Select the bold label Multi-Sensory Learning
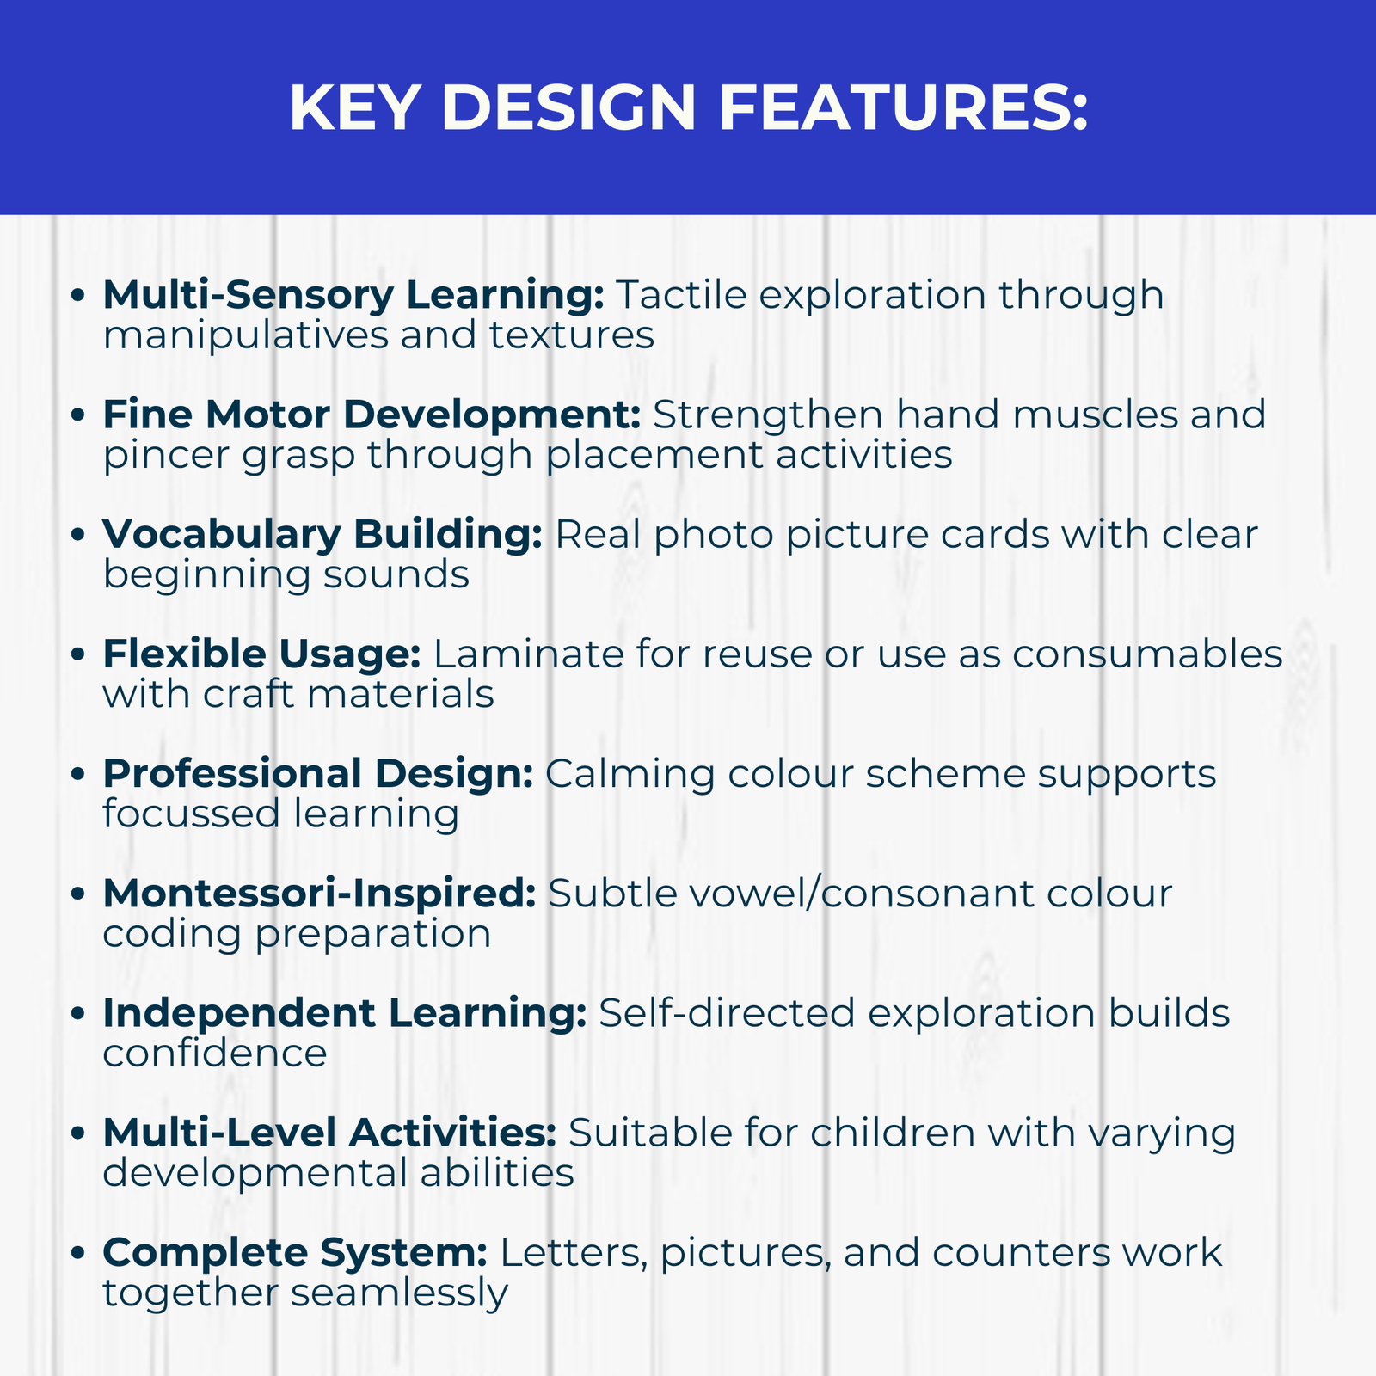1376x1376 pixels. [353, 296]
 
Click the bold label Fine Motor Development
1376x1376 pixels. [372, 415]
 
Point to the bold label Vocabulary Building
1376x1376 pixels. [322, 535]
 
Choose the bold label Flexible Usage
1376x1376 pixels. [261, 654]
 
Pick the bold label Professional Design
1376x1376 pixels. [318, 774]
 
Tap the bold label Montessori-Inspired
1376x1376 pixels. [319, 894]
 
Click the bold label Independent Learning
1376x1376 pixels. [344, 1013]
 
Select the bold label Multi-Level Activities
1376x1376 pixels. [329, 1133]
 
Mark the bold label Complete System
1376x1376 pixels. [295, 1252]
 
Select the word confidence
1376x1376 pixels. [215, 1053]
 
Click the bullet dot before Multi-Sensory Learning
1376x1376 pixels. [78, 296]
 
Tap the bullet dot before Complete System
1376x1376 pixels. [78, 1252]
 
